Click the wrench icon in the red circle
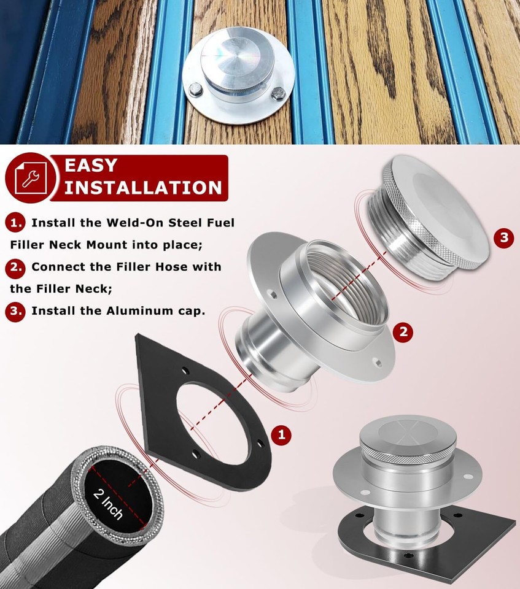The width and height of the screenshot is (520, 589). [x=28, y=177]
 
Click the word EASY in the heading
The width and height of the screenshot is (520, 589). [x=90, y=166]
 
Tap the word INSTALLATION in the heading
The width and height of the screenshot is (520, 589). [x=142, y=187]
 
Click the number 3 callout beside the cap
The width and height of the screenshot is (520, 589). [x=503, y=238]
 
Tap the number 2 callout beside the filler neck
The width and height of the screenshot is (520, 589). [x=403, y=332]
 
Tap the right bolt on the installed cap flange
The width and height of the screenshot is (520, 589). [x=278, y=95]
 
